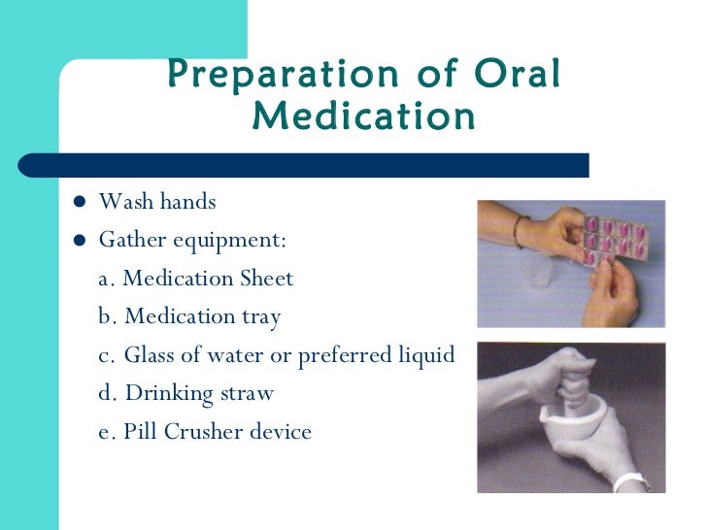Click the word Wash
pos(124,202)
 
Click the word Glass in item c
pos(151,355)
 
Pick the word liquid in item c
pos(425,355)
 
